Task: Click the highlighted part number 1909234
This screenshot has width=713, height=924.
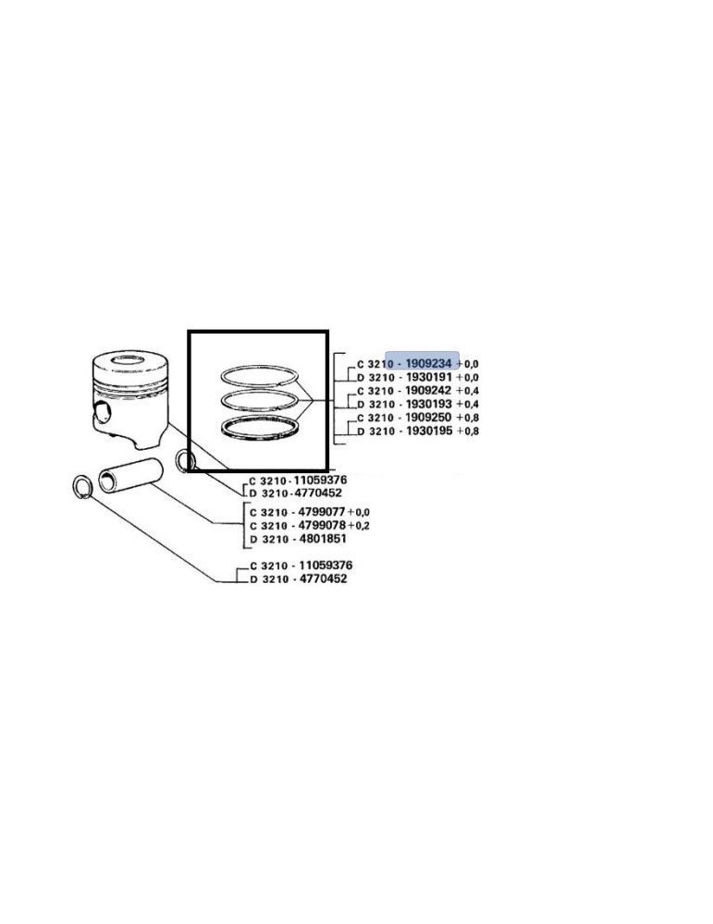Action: coord(422,363)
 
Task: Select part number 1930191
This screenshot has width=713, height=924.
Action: coord(423,377)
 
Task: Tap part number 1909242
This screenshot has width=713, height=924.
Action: coord(423,391)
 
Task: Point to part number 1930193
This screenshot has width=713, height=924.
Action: coord(423,404)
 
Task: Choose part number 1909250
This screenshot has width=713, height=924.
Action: coord(423,418)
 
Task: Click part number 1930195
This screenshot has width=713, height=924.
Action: coord(423,432)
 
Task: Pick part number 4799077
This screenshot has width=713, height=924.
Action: coord(316,511)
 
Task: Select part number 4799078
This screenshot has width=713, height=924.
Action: coord(316,525)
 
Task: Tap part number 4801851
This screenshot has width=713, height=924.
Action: coord(316,538)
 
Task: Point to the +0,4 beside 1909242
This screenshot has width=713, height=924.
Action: coord(467,391)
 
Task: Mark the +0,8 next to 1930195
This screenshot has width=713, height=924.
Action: coord(467,432)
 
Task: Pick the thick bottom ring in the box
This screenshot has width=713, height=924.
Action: coord(259,429)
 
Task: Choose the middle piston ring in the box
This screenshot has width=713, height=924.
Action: coord(259,401)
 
